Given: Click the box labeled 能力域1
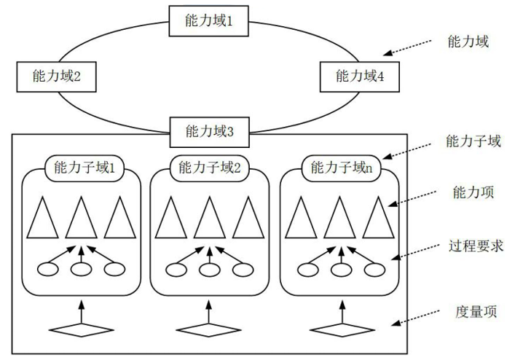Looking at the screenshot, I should (x=209, y=20).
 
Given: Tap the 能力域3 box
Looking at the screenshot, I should (x=209, y=131).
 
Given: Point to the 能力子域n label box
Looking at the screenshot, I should (x=341, y=168).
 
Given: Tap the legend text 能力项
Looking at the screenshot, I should (x=473, y=193).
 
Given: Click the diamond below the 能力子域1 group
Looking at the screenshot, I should (x=81, y=329).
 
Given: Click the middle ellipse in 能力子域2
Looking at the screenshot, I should (x=209, y=269).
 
